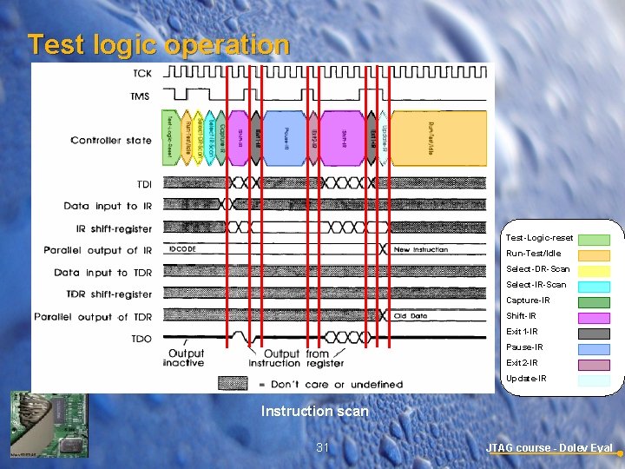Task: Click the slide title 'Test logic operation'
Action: pos(158,44)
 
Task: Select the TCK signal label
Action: pos(141,73)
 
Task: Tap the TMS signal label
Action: pos(141,96)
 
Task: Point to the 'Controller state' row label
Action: pos(111,141)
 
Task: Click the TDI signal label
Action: pos(144,184)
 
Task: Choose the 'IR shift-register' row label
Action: pos(108,229)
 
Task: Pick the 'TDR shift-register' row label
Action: pos(103,294)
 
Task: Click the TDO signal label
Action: pos(141,339)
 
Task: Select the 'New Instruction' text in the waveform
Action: pos(420,250)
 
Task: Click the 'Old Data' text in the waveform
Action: pos(411,316)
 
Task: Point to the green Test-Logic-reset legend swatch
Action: pos(595,240)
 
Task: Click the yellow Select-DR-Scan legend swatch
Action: pos(595,271)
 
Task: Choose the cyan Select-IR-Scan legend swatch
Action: pos(595,287)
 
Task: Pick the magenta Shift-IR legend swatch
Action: pos(595,318)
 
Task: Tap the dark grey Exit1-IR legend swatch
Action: pos(595,334)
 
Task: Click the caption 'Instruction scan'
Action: pos(314,411)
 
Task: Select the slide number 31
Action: pos(323,447)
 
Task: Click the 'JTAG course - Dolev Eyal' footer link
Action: pos(549,448)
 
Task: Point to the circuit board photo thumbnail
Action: pos(49,425)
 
